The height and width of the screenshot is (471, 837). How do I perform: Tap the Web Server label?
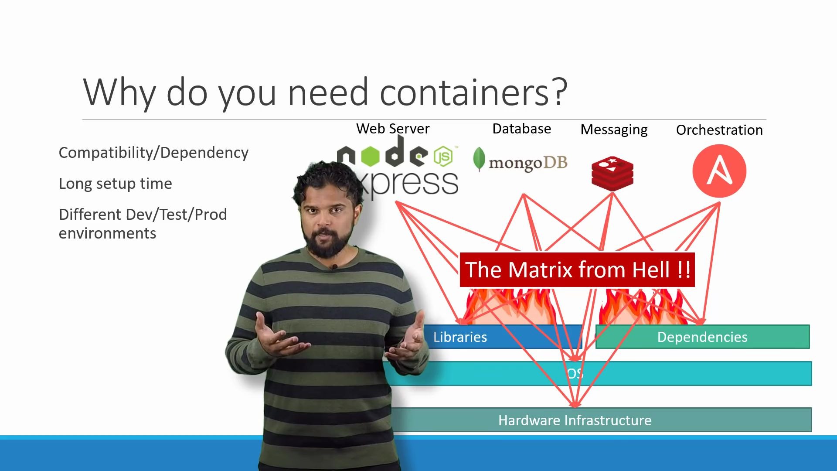tap(393, 129)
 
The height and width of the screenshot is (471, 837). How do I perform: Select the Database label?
tap(521, 129)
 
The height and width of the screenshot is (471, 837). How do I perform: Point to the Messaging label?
tap(614, 130)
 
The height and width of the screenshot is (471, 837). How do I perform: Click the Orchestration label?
tap(719, 130)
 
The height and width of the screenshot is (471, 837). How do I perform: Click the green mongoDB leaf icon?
tap(479, 159)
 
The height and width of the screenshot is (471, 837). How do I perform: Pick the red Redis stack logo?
tap(612, 174)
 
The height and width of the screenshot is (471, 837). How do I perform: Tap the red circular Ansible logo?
tap(719, 171)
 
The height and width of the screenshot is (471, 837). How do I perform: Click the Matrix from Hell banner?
tap(577, 270)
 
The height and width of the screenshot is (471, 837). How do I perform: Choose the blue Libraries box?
tap(501, 337)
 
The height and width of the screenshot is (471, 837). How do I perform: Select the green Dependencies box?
tap(702, 337)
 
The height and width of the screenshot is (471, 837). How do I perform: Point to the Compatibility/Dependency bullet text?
tap(153, 153)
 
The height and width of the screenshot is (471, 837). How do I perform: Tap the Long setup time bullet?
tap(116, 184)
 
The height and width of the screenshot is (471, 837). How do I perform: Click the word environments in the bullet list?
tap(107, 233)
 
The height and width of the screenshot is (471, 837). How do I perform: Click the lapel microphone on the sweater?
tap(334, 266)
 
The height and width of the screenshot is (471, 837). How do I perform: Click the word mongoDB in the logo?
tap(528, 163)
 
